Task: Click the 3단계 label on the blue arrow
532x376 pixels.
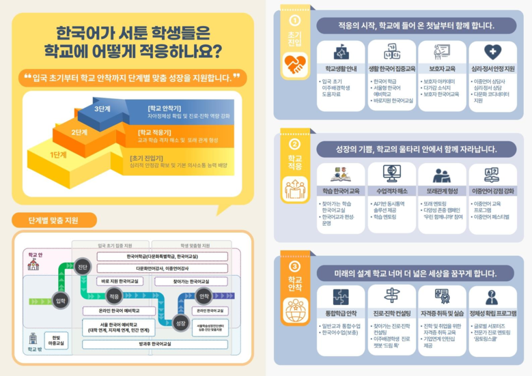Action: [x=102, y=109]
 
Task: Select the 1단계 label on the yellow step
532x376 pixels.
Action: [x=58, y=155]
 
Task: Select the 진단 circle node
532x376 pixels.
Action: [x=82, y=267]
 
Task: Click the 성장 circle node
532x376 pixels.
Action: [x=180, y=323]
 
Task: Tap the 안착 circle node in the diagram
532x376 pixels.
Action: [x=203, y=297]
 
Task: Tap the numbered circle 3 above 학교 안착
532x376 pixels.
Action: [x=295, y=267]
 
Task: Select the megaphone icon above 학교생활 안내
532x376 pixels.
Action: [x=341, y=52]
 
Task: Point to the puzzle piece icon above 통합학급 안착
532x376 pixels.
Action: [x=341, y=297]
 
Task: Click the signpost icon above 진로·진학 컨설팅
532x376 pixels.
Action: [x=391, y=296]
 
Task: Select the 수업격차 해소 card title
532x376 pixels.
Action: [x=391, y=191]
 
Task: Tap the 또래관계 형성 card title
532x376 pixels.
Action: [x=441, y=191]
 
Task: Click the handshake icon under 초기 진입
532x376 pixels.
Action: [x=295, y=64]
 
